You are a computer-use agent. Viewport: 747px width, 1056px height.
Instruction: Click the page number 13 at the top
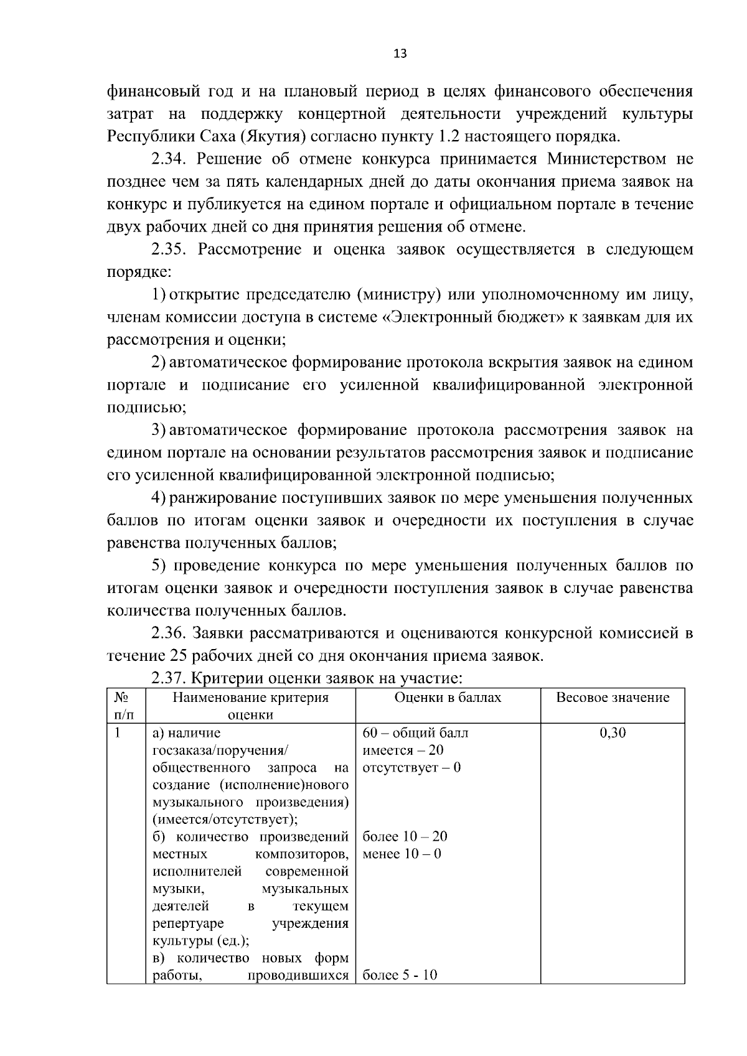(x=400, y=54)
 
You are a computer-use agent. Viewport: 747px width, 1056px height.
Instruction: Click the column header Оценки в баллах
(x=448, y=698)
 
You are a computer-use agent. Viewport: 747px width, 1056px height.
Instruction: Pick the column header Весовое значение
(x=613, y=698)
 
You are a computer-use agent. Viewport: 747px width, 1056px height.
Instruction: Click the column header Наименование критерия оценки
(x=250, y=706)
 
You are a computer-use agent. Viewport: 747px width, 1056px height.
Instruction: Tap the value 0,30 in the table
(x=613, y=733)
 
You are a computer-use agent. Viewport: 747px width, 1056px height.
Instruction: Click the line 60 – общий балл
(x=415, y=733)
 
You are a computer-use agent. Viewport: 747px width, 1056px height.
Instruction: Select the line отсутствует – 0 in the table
(x=411, y=767)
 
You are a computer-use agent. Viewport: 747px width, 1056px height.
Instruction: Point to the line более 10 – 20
(x=405, y=836)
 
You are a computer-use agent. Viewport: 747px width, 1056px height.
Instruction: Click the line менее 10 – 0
(x=402, y=854)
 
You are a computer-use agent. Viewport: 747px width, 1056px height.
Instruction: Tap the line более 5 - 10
(x=400, y=975)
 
